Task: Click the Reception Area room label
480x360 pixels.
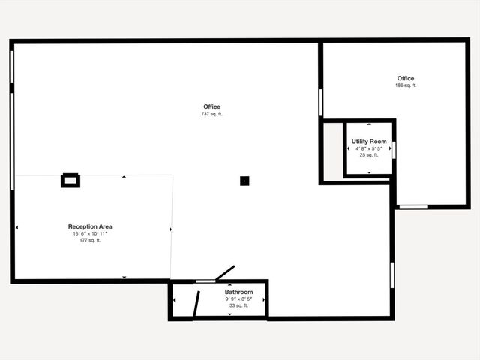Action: point(90,226)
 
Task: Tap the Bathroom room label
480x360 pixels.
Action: point(238,292)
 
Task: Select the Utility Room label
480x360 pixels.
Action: point(369,142)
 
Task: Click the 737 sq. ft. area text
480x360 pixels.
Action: point(211,114)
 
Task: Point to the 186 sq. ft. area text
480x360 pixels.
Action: point(406,85)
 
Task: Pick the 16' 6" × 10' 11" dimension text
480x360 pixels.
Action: point(90,233)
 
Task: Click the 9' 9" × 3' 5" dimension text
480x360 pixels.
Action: point(238,298)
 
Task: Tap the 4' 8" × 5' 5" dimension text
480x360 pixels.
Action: point(369,148)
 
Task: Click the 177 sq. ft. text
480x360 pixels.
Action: point(90,240)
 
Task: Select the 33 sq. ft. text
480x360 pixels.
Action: point(238,305)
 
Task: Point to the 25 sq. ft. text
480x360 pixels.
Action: point(369,155)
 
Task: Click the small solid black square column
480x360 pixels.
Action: point(244,180)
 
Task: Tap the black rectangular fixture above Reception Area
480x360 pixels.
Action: point(70,180)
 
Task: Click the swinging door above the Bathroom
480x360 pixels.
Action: point(225,273)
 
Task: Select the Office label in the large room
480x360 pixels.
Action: point(211,106)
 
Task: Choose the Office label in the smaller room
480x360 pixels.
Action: point(406,78)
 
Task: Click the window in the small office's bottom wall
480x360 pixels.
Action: point(412,206)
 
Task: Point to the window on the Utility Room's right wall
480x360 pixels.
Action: point(394,150)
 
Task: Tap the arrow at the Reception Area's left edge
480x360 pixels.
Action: point(16,227)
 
